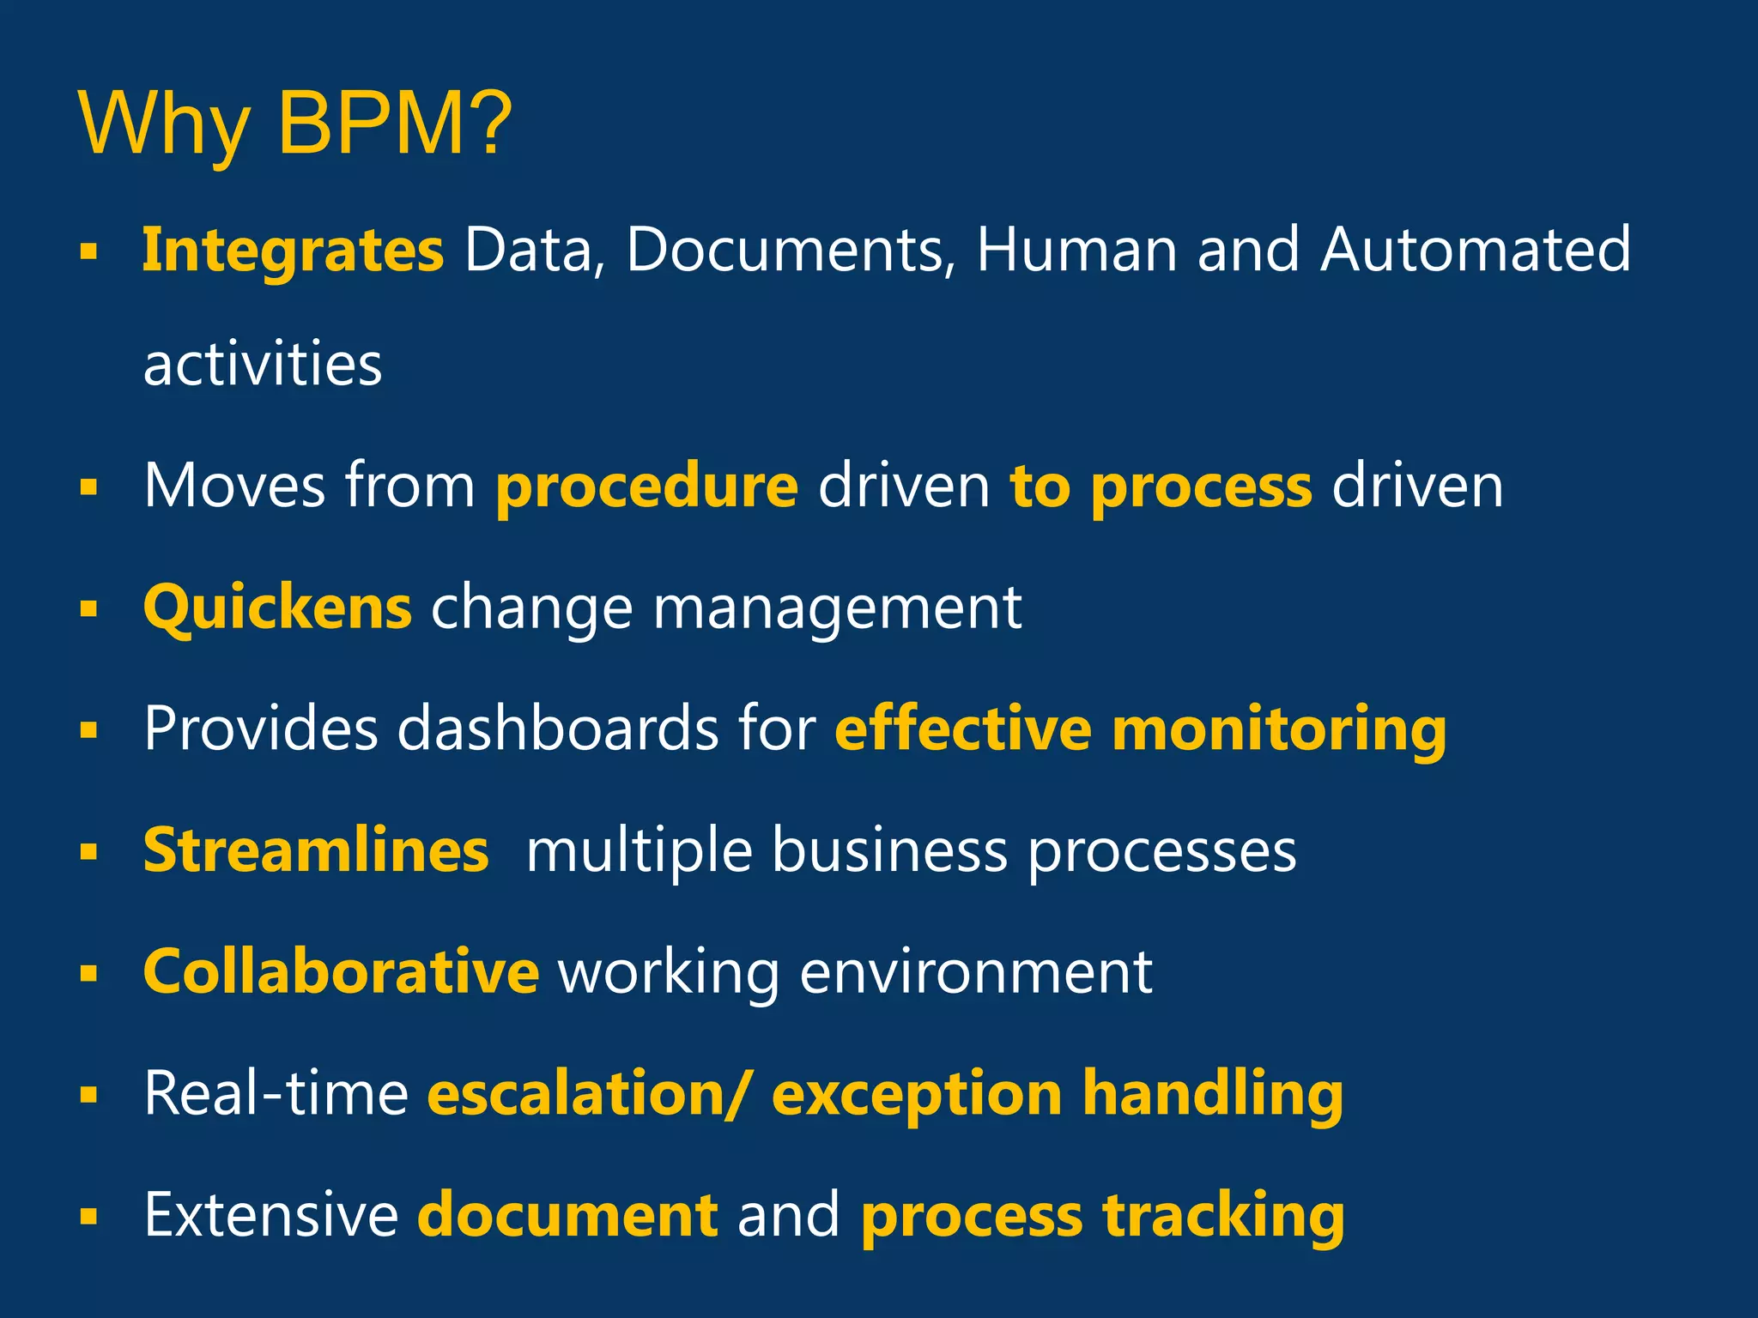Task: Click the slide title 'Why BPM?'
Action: point(294,124)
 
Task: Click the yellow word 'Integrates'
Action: point(293,250)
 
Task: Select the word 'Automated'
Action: point(1475,250)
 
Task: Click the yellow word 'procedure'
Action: point(647,487)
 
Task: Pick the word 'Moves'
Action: point(234,486)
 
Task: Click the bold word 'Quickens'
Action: point(277,608)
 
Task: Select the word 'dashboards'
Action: point(558,729)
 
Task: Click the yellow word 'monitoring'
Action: point(1279,730)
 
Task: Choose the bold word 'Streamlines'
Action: point(316,850)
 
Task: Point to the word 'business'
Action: point(889,852)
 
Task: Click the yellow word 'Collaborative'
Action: point(341,972)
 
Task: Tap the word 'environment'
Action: point(976,974)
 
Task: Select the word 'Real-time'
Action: point(276,1094)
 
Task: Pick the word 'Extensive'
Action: point(271,1215)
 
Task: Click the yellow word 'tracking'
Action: point(1224,1217)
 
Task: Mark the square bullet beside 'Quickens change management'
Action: point(88,609)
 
